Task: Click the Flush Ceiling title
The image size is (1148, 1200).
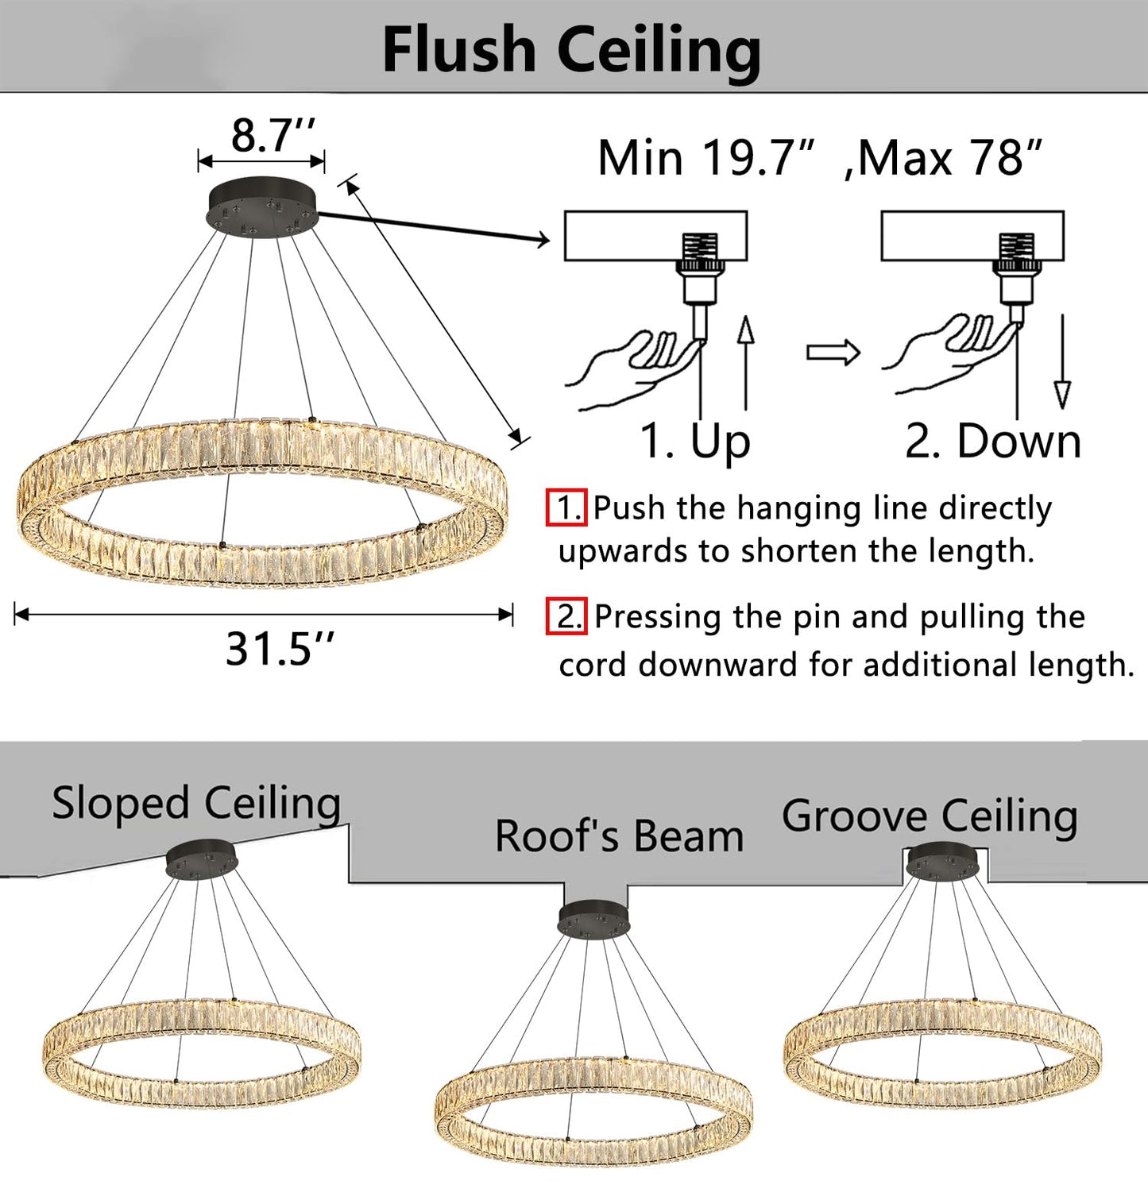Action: [x=571, y=49]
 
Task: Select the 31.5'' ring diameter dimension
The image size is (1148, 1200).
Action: [x=280, y=648]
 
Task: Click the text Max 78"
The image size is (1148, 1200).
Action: [x=950, y=157]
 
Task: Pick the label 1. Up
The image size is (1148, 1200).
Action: [x=695, y=441]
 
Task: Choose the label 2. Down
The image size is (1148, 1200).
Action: [x=993, y=441]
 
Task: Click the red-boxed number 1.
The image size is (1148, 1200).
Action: [x=566, y=507]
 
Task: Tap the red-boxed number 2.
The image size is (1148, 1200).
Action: [x=566, y=616]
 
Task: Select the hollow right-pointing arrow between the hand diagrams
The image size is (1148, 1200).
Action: [x=833, y=352]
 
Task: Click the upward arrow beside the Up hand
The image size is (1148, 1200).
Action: [x=745, y=361]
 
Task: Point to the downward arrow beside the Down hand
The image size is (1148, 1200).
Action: [x=1062, y=361]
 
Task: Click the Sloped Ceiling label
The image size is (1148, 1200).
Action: [x=196, y=803]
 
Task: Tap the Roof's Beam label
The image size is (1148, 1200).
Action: [x=619, y=836]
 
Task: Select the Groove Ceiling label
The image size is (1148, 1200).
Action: [x=930, y=816]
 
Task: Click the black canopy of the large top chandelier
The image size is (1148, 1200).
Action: [x=262, y=205]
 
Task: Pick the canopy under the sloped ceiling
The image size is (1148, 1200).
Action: [x=201, y=860]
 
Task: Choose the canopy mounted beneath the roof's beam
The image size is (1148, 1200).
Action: [x=593, y=918]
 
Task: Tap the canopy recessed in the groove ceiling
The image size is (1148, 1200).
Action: [x=942, y=862]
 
